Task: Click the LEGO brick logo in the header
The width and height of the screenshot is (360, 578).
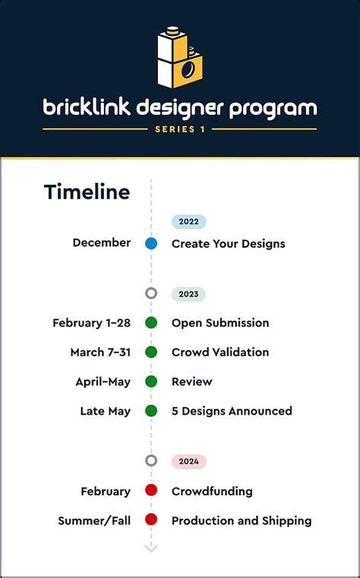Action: [x=180, y=57]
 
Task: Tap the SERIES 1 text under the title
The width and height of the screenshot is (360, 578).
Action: [x=180, y=129]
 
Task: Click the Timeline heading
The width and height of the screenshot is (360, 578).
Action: [x=87, y=192]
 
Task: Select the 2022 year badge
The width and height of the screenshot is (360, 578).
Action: [x=188, y=222]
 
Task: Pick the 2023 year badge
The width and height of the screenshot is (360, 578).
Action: [x=188, y=294]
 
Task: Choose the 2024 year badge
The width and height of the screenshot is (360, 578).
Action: [x=188, y=462]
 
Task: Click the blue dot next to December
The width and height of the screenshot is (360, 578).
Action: [x=151, y=244]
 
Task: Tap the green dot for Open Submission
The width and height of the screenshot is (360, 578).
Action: [x=151, y=323]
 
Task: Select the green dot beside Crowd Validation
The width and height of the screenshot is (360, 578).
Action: [x=151, y=352]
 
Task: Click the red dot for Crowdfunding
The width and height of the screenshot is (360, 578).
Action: [x=151, y=490]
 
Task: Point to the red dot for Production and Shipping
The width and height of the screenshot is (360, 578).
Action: [x=151, y=520]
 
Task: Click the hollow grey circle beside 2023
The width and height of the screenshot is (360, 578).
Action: [x=151, y=289]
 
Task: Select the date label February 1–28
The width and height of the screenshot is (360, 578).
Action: [x=91, y=323]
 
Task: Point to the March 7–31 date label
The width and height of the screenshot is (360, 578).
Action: [x=100, y=352]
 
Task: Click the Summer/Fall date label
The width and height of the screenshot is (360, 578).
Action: [x=94, y=521]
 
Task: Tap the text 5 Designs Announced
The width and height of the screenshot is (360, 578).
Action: [x=232, y=411]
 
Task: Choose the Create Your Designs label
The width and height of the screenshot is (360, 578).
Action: [x=229, y=244]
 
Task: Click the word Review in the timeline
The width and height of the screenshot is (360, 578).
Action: [x=192, y=381]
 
